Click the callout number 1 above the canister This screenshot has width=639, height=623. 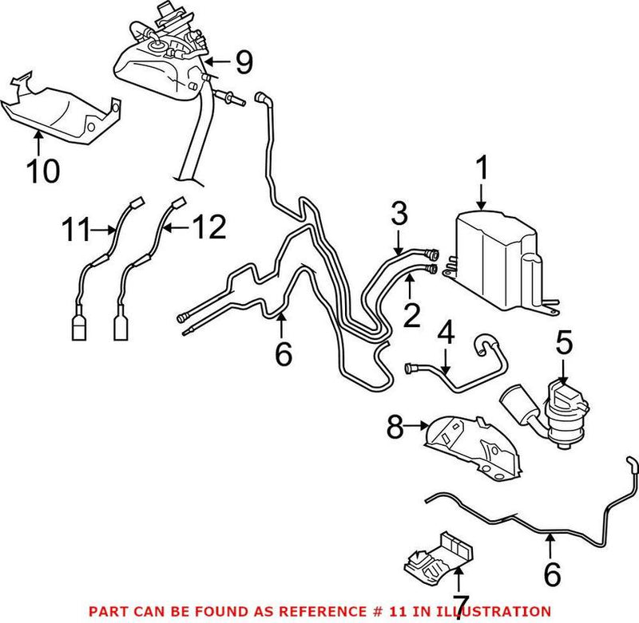481,169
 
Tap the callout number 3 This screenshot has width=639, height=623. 399,214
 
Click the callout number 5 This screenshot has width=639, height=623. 564,344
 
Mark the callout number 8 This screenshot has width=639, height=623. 396,428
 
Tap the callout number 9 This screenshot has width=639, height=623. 243,59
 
